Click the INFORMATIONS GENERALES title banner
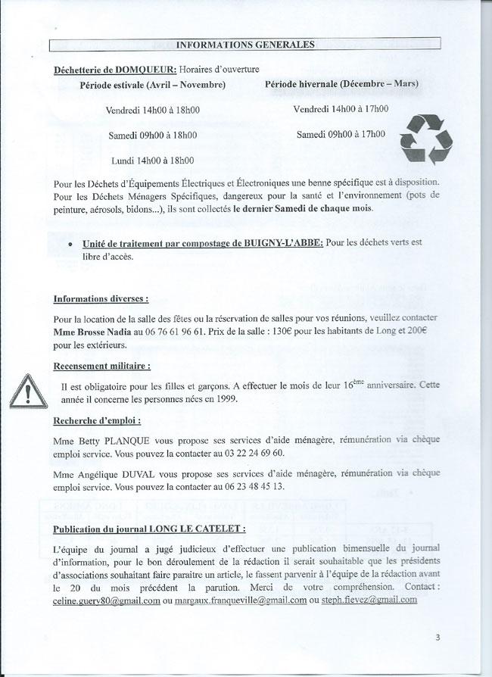[x=246, y=44]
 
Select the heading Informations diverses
[x=101, y=298]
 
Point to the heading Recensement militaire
[x=101, y=366]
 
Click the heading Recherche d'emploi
[x=97, y=420]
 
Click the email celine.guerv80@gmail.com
[x=107, y=600]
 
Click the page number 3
[x=438, y=637]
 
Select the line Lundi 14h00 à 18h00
[x=152, y=161]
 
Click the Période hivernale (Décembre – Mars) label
[x=342, y=83]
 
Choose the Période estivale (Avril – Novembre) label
[x=153, y=84]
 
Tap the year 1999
[x=224, y=399]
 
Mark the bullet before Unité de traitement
[x=70, y=245]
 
